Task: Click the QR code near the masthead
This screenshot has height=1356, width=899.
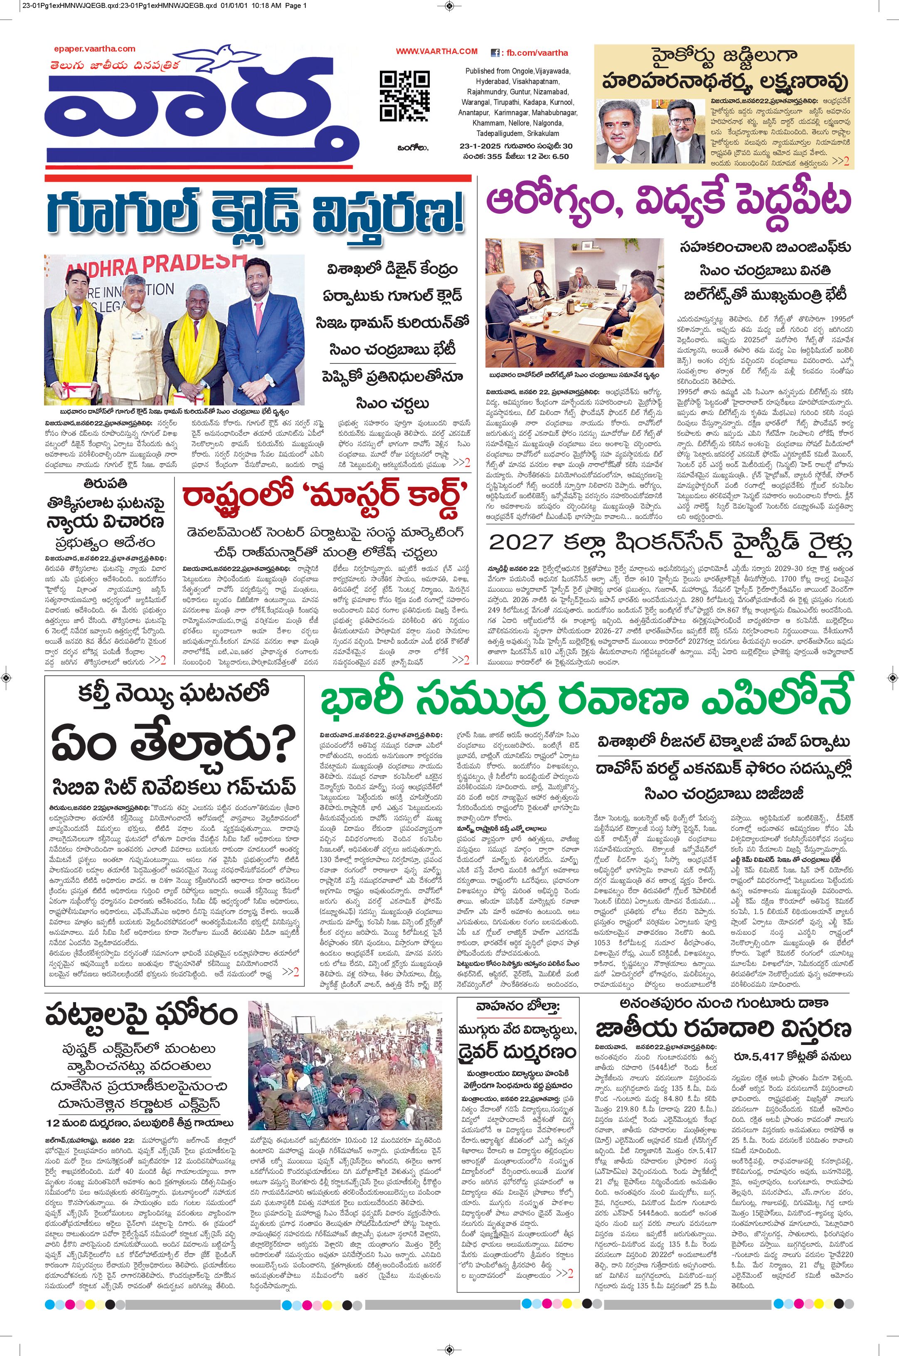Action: coord(404,95)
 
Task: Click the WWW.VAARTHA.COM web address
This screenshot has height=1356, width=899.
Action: coord(436,51)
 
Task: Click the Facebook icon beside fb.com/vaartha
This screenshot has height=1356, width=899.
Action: coord(494,53)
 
